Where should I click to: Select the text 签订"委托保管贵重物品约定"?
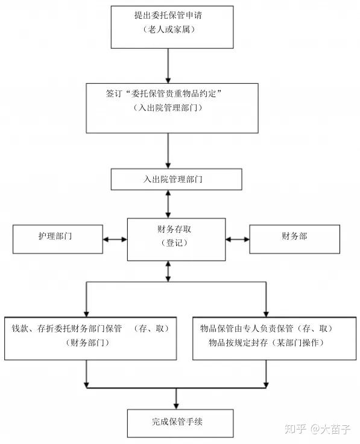(x=165, y=94)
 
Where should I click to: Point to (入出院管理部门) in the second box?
(x=168, y=108)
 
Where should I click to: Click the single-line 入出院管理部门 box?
(x=176, y=179)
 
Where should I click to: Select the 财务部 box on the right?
(x=294, y=238)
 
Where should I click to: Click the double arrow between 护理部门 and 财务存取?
(x=115, y=239)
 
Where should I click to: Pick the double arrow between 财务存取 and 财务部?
(x=237, y=239)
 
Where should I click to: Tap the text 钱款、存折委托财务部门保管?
(x=67, y=329)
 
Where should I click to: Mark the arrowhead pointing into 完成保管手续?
(x=176, y=405)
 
